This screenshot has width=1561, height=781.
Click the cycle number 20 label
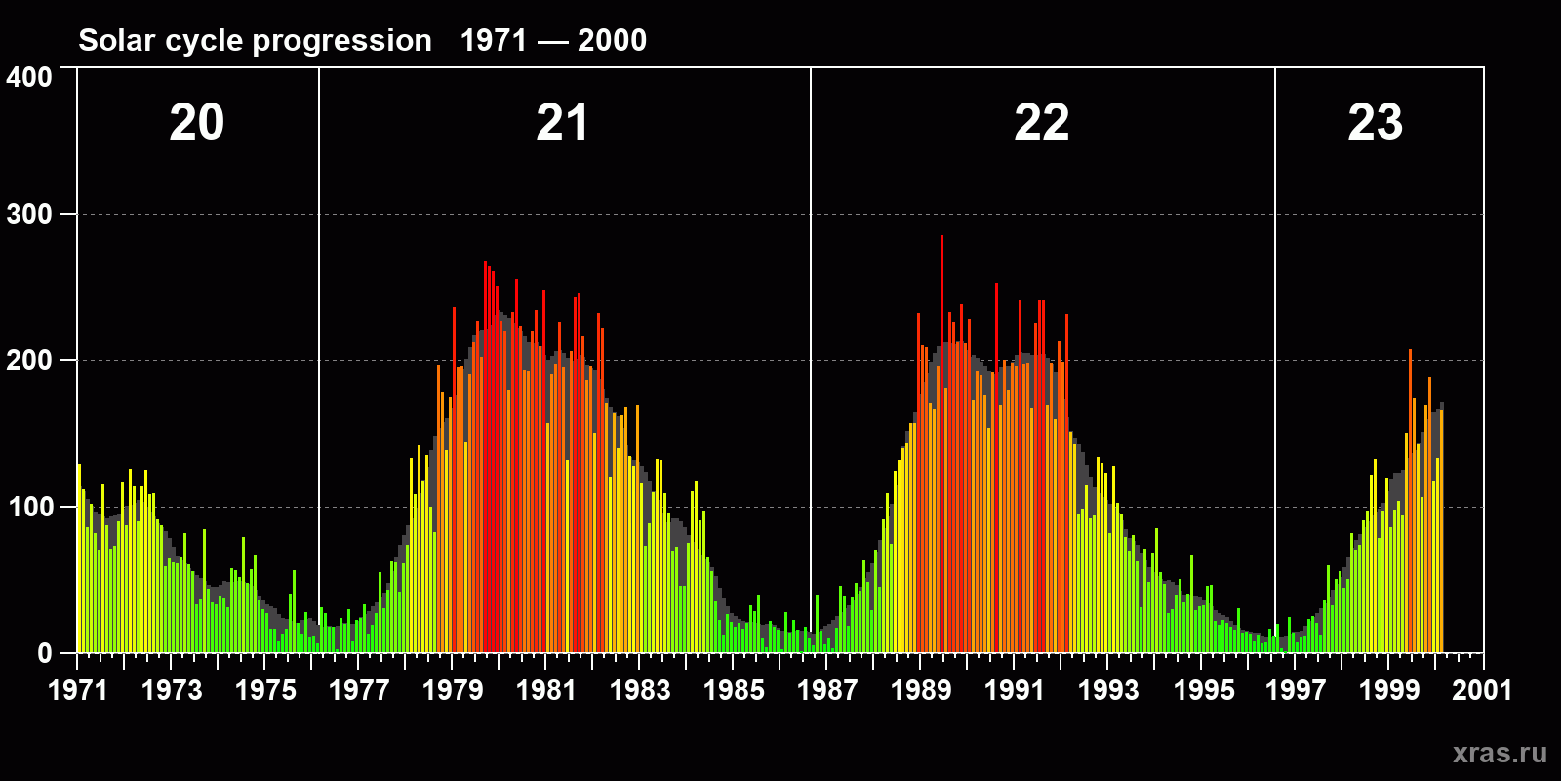pos(197,123)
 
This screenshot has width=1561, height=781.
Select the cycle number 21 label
pos(562,123)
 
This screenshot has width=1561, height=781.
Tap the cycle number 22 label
pos(1041,123)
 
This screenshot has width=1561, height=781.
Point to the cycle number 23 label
pos(1375,123)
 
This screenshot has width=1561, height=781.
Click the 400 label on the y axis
pos(30,77)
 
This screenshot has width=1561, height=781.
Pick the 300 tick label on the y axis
pos(30,215)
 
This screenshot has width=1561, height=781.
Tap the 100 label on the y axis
pos(30,508)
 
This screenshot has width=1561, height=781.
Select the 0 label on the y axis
pos(45,654)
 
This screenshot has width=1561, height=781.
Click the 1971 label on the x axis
pos(78,690)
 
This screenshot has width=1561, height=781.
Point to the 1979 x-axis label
pos(453,690)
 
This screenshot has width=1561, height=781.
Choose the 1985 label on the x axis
pos(734,690)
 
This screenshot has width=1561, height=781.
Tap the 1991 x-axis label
pos(1015,690)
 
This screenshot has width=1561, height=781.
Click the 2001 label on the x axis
pos(1482,690)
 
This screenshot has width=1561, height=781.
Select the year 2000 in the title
pos(612,41)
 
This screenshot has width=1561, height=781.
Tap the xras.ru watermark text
pos(1500,753)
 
